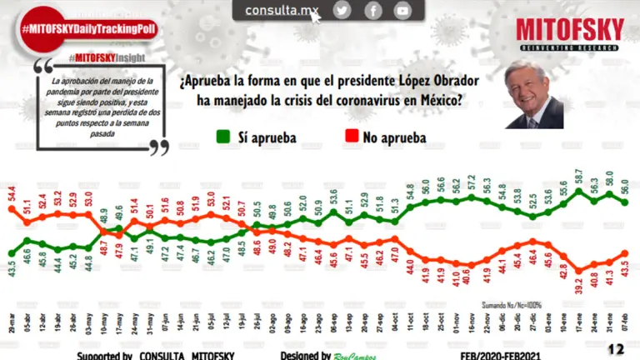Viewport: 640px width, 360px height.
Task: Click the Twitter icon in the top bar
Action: click(x=342, y=10)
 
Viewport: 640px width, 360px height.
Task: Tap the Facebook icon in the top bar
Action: click(x=372, y=10)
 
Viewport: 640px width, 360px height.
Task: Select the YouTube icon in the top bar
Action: click(x=403, y=10)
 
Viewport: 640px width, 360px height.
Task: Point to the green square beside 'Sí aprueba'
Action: click(x=222, y=136)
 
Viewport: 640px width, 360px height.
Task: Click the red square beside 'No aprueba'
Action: click(x=352, y=136)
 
